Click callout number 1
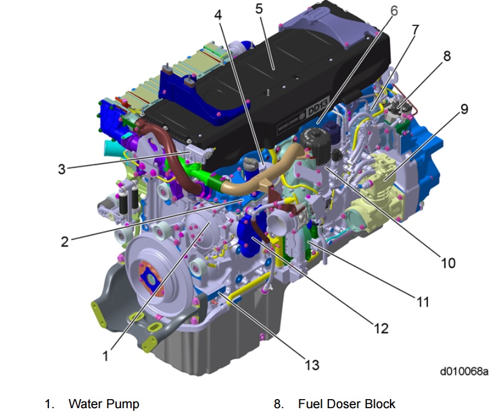106,356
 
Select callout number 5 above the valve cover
259,8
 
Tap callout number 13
311,365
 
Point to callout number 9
464,109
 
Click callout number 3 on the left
62,169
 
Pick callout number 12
381,328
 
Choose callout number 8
447,56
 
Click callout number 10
448,263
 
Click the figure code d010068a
464,371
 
